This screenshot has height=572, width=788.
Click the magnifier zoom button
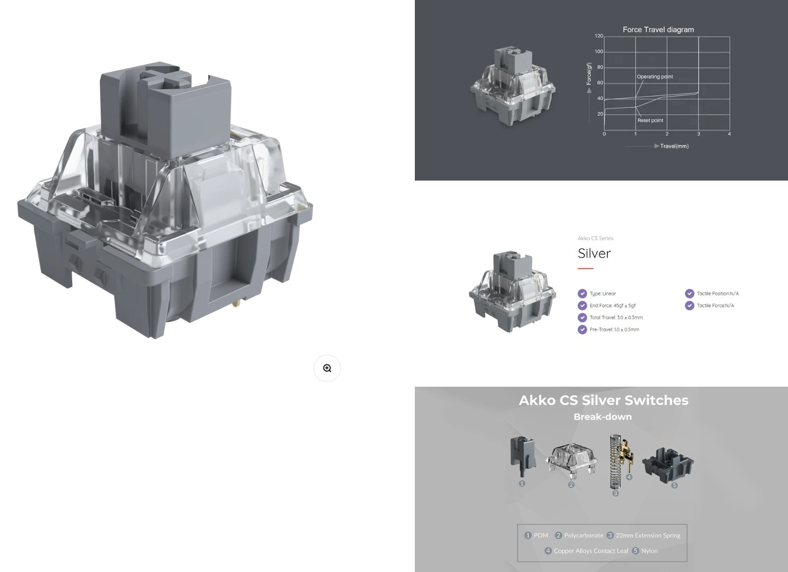tap(327, 368)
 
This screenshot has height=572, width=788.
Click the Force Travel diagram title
tap(658, 30)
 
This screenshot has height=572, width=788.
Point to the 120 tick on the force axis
tap(599, 36)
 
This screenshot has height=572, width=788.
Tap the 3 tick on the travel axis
tap(699, 134)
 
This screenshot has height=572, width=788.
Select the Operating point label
tap(655, 77)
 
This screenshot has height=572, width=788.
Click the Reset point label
tap(650, 120)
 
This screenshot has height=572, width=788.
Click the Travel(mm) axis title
tap(674, 146)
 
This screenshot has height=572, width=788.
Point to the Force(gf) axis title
tap(589, 74)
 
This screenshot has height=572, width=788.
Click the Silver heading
tap(594, 253)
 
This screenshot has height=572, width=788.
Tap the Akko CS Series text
tap(595, 238)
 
